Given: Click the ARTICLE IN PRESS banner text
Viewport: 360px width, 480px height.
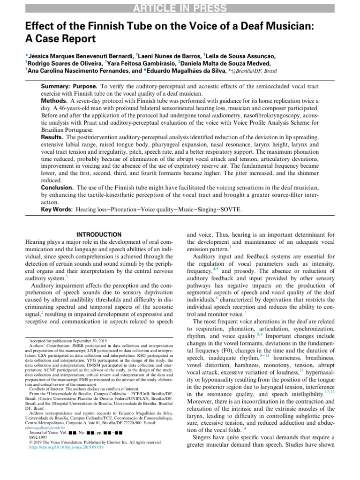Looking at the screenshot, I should click(x=180, y=7).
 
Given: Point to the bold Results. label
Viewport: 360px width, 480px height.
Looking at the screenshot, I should click(x=52, y=136).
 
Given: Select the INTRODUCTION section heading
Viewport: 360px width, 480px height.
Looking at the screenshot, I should click(x=98, y=234).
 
